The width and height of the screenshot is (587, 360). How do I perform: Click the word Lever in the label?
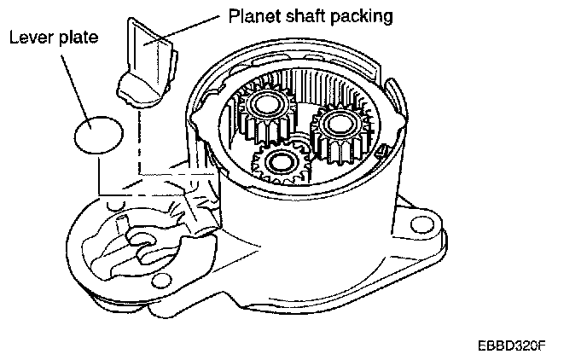click(28, 38)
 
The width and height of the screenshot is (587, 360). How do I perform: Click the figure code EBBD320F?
click(511, 347)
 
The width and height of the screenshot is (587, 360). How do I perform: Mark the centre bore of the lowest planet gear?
click(280, 160)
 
